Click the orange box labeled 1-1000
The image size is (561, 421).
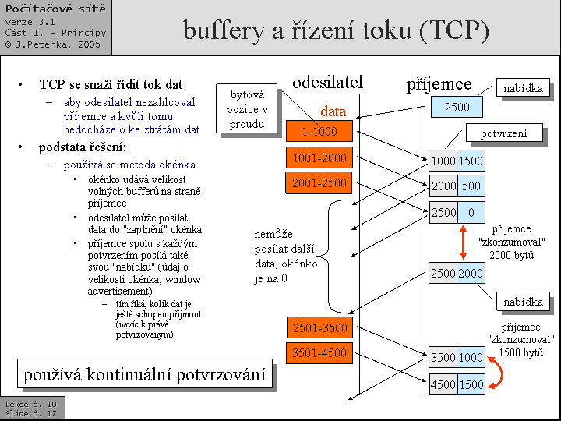point(319,132)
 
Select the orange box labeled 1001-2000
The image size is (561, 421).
point(319,158)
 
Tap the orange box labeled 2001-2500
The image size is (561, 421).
point(319,184)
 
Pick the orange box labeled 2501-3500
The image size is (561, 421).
point(319,327)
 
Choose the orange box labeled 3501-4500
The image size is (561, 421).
point(319,353)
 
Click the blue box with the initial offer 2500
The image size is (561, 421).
point(457,108)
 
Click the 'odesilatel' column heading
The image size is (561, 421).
point(327,83)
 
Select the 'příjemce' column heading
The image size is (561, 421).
point(439,84)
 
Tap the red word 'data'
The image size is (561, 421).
point(333,111)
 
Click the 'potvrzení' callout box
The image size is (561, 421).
point(503,133)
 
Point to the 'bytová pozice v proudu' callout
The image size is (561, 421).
point(247,109)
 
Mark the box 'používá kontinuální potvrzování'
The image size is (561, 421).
point(145,375)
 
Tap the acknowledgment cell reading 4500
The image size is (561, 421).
point(443,384)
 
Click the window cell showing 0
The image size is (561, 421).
point(471,212)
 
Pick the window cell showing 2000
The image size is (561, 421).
point(471,273)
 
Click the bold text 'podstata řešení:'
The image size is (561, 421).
point(81,147)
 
